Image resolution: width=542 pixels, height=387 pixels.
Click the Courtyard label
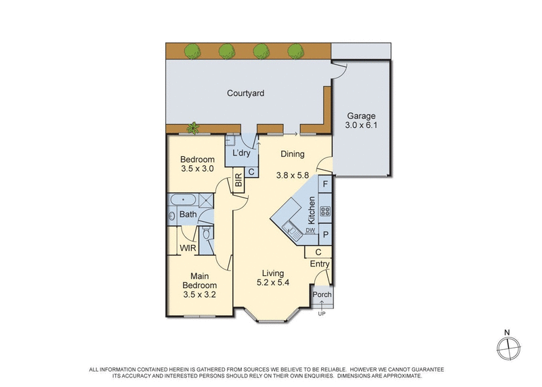coord(245,94)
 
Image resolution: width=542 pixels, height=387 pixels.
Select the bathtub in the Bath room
coord(182,200)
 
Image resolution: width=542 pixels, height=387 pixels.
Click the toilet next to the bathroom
coord(206,234)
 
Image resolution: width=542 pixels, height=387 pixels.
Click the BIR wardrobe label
coord(238,181)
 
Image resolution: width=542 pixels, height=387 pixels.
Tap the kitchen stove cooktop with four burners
coord(325,211)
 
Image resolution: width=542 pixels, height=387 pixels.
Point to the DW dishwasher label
coord(310,231)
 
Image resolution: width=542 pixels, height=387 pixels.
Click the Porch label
coord(321,294)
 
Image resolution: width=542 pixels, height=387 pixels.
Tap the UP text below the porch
coord(321,313)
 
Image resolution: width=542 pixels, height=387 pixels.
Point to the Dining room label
coord(293,154)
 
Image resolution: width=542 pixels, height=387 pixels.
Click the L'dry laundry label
coord(241,154)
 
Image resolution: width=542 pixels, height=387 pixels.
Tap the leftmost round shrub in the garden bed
coord(193,50)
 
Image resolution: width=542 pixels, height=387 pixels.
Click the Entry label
coord(320,265)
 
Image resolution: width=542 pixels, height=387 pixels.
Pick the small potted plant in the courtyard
coord(194,127)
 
